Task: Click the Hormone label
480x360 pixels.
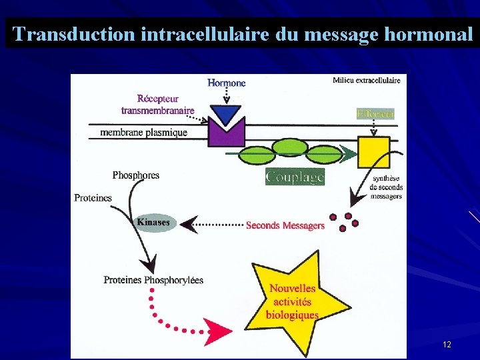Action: point(227,83)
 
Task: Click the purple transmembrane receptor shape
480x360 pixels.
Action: point(227,133)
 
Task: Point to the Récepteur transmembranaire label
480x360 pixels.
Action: point(158,105)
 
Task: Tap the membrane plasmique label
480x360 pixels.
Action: point(143,132)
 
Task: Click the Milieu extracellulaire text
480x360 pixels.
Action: point(366,81)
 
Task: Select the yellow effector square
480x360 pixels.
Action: point(373,152)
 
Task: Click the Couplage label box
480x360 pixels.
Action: point(295,177)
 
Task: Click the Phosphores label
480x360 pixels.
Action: point(136,175)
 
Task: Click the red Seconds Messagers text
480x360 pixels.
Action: point(285,225)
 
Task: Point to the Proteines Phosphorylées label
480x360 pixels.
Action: point(153,280)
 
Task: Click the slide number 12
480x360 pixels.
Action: point(447,345)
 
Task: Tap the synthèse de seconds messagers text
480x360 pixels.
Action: point(386,187)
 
